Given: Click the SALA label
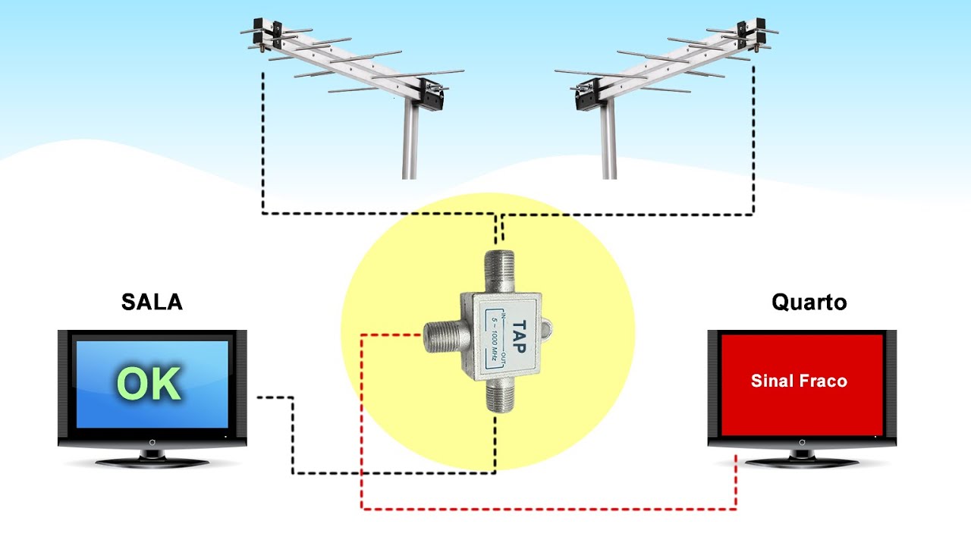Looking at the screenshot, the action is tap(152, 302).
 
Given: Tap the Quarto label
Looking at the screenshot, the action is tap(809, 303).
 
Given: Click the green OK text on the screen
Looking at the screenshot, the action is tap(149, 384).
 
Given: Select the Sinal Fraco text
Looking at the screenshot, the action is tap(799, 381).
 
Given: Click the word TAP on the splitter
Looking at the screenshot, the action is tap(519, 337).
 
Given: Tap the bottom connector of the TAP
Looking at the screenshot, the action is tap(501, 395).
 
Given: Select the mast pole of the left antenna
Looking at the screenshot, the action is tap(409, 140).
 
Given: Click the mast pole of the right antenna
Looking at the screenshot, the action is tap(608, 140).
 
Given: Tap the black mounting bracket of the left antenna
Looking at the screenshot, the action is tap(432, 95).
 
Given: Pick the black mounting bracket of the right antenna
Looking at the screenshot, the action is tap(587, 95).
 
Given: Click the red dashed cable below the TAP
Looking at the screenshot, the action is tap(548, 509).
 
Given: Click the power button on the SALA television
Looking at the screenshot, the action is tap(152, 442).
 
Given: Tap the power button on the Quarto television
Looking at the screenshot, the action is tap(802, 442).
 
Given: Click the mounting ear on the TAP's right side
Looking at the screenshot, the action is tap(547, 328).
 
